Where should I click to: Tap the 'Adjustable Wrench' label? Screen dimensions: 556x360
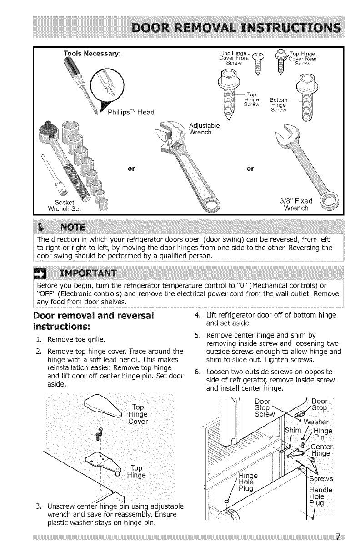[204, 129]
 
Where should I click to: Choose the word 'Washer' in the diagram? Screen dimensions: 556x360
[320, 420]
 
